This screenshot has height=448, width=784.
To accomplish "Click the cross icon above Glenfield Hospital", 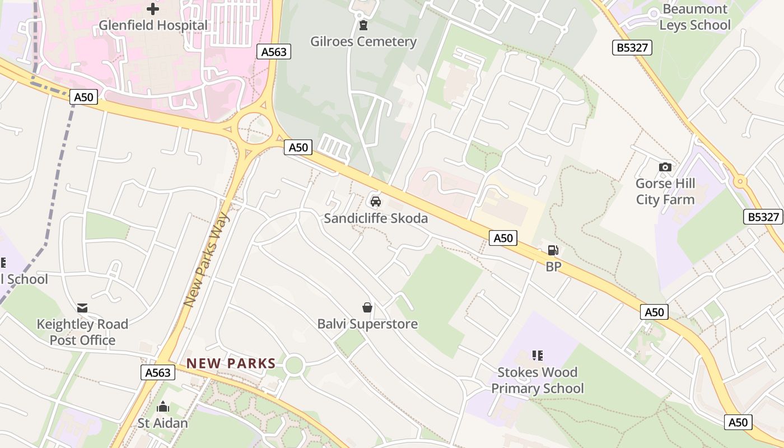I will point(152,8).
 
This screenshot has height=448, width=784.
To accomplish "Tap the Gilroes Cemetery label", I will point(363,41).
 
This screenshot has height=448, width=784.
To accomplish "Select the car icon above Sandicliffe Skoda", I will point(375,201).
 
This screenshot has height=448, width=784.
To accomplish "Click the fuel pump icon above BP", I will point(553,250).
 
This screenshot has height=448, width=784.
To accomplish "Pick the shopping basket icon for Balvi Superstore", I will point(367,307).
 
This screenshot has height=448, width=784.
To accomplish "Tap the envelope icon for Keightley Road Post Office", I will point(82,307).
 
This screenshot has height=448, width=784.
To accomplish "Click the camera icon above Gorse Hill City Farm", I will point(665,167).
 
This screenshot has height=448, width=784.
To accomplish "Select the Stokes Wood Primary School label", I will point(537,380).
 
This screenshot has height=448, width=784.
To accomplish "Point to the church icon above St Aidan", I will point(163,406).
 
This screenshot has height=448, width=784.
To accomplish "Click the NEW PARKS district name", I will point(231,363).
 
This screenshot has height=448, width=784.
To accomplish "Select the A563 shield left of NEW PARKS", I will point(157,372).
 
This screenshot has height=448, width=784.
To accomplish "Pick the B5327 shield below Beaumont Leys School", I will point(632,48).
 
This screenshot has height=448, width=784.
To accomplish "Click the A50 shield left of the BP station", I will point(503,238).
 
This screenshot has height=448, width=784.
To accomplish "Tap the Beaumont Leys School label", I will point(694,17).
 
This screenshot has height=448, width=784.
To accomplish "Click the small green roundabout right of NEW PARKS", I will point(294,366).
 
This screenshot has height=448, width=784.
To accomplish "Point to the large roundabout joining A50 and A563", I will point(255,128).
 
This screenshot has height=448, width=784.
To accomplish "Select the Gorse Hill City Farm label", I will point(665,192).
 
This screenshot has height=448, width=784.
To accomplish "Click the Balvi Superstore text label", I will point(367,324).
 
